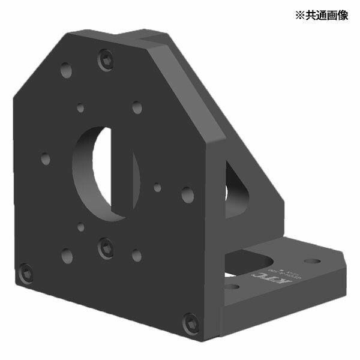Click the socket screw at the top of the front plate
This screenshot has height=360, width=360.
[x=106, y=59]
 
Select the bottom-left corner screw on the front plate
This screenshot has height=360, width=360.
[x=25, y=274]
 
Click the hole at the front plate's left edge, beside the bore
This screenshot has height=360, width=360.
[x=46, y=159]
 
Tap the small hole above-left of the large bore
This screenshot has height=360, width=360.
[x=80, y=109]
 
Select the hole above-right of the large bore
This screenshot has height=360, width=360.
[x=137, y=108]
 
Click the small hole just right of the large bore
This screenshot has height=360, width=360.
[x=157, y=187]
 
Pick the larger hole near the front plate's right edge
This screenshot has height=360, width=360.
[x=187, y=194]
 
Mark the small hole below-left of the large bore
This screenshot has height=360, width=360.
[x=80, y=227]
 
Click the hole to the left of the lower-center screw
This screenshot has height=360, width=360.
[x=67, y=256]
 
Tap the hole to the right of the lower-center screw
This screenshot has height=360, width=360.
[x=137, y=255]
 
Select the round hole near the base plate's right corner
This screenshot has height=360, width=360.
[x=311, y=261]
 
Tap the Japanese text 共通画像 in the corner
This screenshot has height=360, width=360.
[x=324, y=15]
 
